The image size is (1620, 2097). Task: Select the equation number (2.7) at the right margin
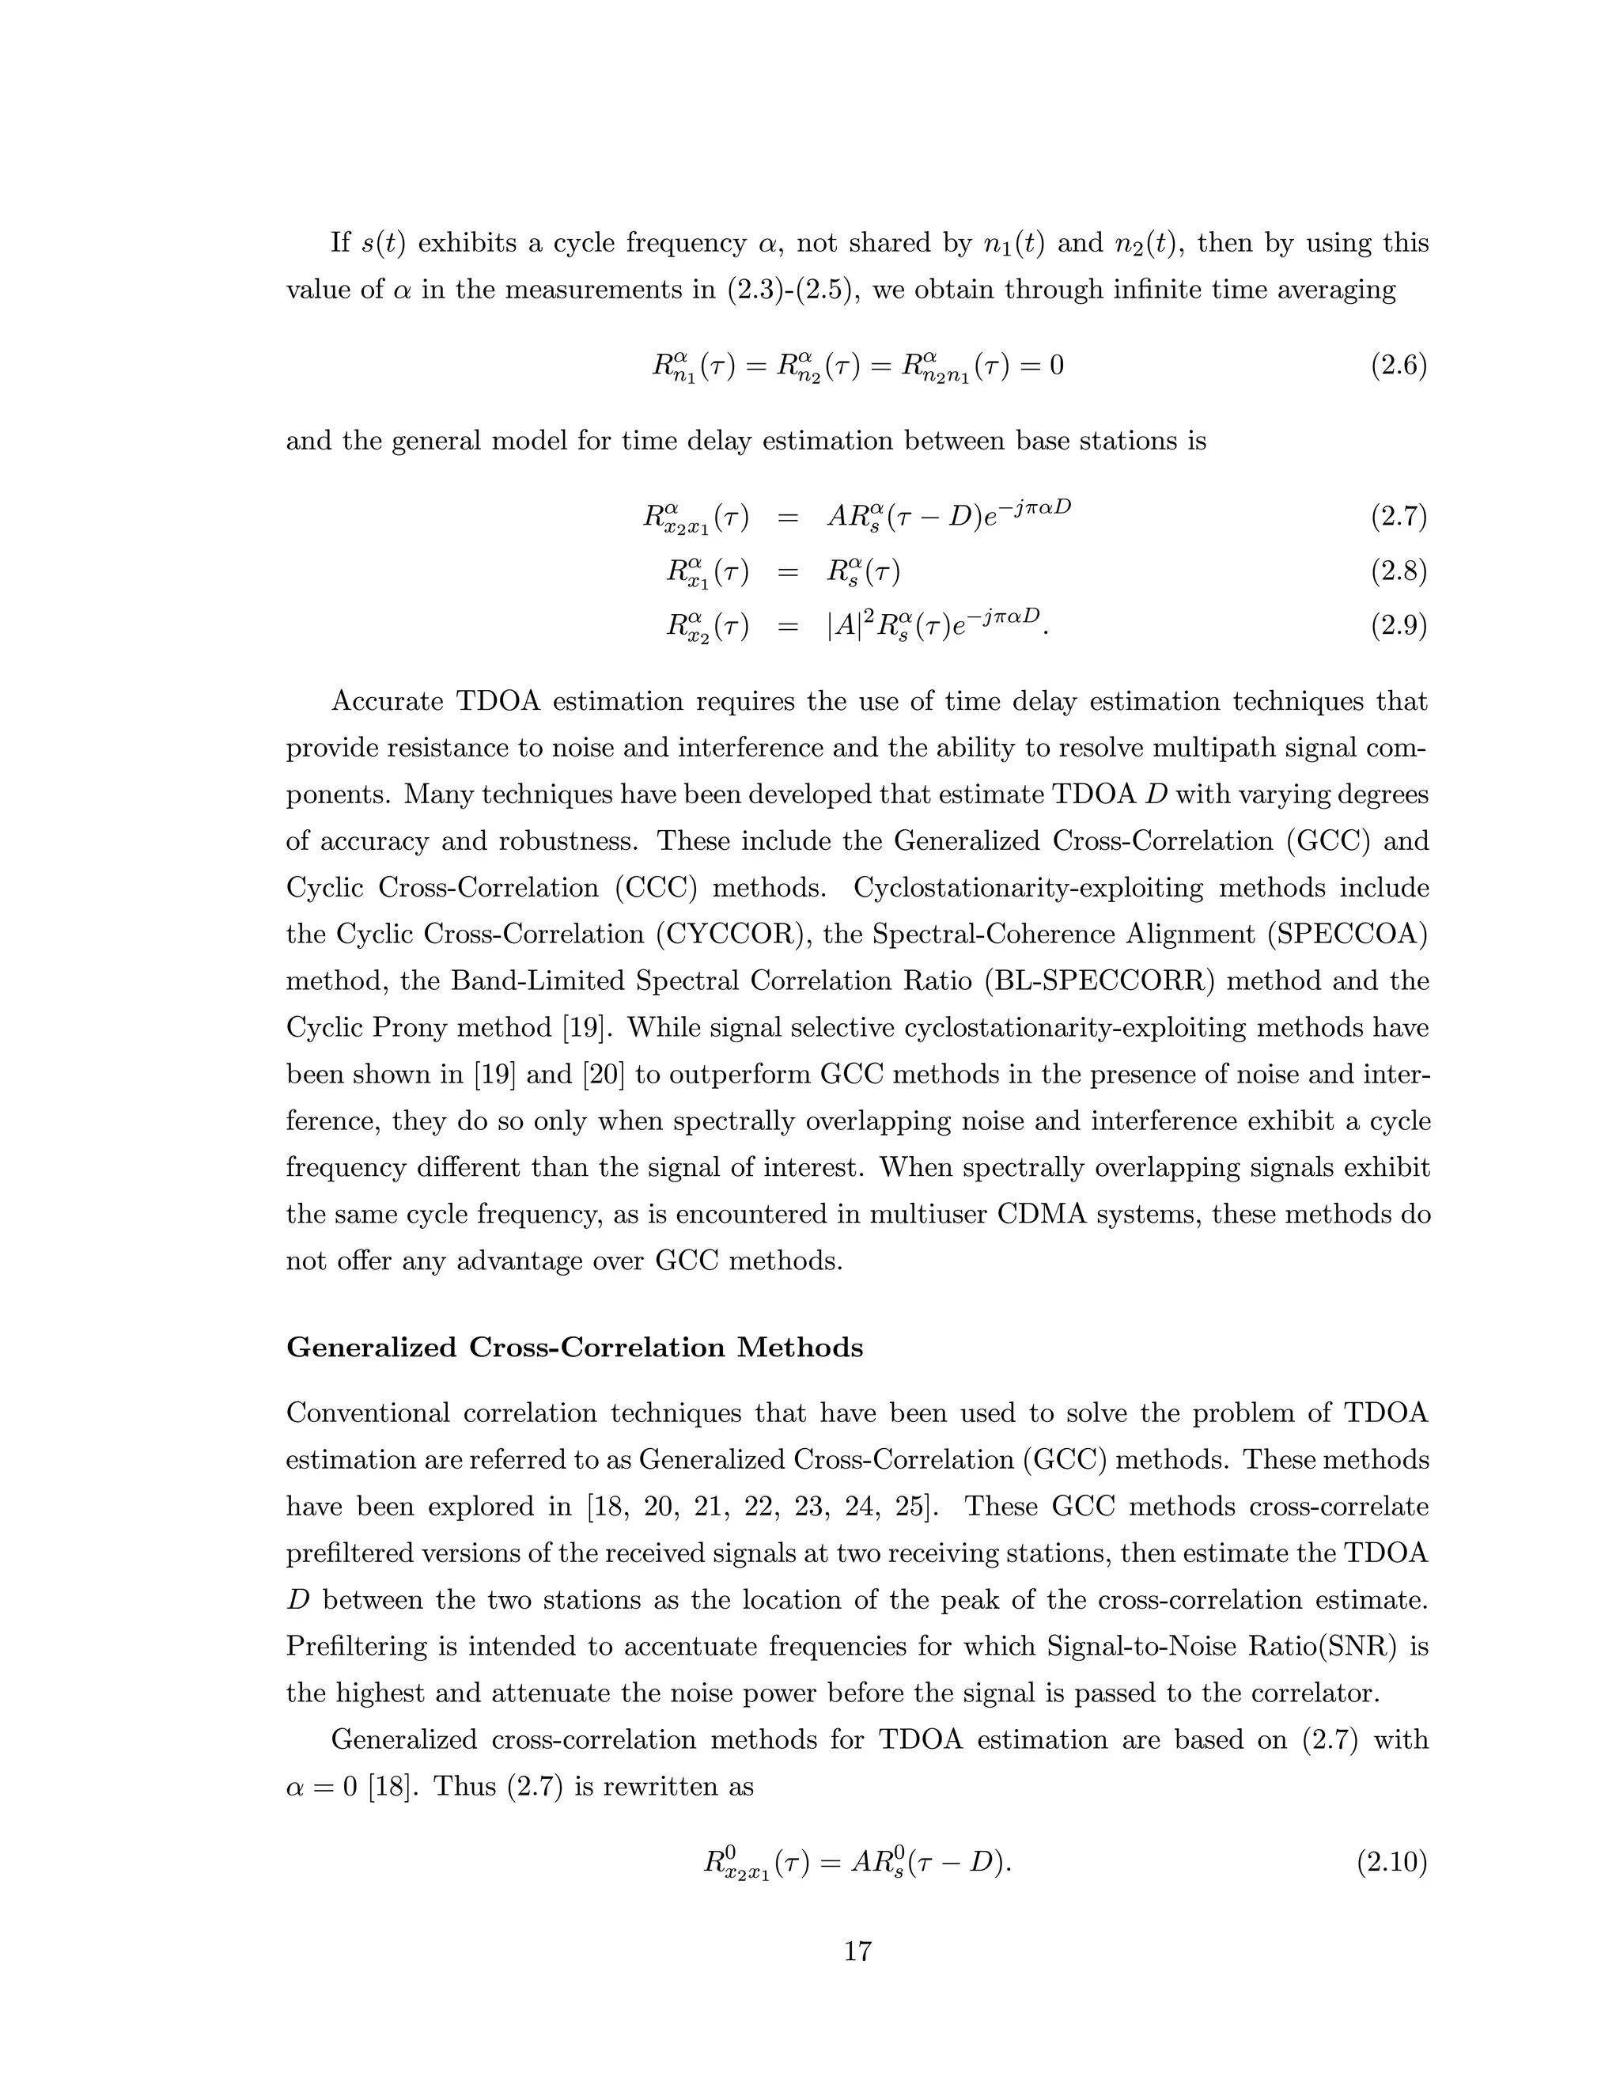pos(1399,518)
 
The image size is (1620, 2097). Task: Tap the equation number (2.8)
pos(1399,572)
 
